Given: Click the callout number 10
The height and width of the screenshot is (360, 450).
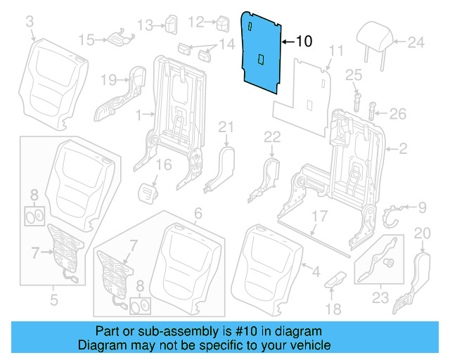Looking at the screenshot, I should click(303, 41).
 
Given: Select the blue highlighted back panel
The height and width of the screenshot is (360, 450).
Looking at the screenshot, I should click(262, 53).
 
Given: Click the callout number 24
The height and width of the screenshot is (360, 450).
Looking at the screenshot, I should click(417, 42).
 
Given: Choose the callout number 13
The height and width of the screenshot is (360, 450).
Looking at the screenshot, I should click(144, 25).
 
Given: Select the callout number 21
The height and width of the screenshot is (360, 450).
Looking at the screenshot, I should click(225, 127).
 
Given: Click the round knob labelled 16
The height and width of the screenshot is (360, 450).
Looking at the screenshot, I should click(148, 190).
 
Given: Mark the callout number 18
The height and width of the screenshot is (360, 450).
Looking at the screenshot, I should click(333, 309).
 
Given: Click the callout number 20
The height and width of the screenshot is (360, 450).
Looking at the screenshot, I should click(422, 233).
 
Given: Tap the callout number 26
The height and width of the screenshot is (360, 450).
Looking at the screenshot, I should click(398, 113).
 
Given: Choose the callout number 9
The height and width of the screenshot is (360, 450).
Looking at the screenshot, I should click(422, 207).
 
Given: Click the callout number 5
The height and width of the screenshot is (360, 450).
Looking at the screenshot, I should click(53, 302).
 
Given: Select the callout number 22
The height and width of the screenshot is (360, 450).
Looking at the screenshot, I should click(272, 136).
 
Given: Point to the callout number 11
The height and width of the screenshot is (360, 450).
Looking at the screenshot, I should click(336, 51).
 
